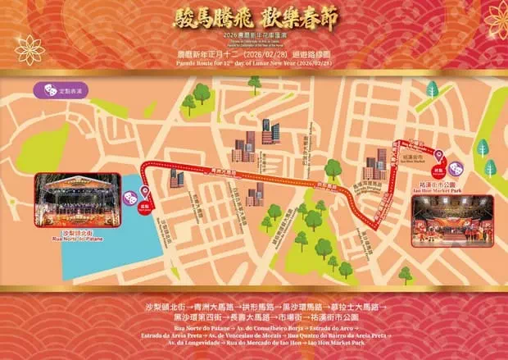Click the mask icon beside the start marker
pyautogui.click(x=129, y=198)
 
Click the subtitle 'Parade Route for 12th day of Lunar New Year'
pyautogui.click(x=254, y=62)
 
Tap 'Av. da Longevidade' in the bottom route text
pyautogui.click(x=191, y=343)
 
